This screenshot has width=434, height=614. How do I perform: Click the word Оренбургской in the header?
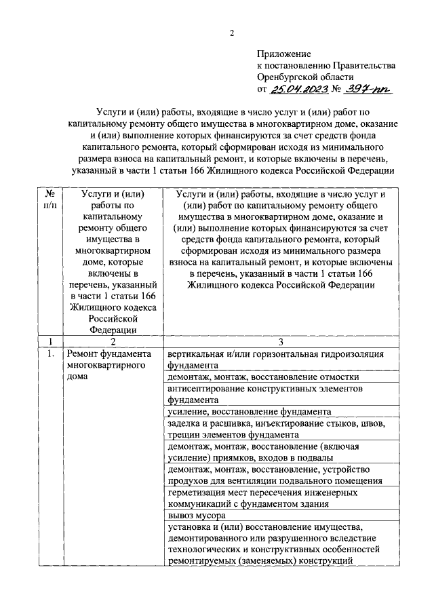coord(288,77)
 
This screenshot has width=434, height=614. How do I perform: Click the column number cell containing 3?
coord(280,341)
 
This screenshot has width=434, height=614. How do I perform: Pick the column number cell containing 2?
coord(113,341)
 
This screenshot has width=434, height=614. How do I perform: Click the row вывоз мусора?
coord(193,516)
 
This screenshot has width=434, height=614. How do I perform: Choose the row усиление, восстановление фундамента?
coord(249,412)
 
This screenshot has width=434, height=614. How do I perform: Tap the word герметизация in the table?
coord(199,493)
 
